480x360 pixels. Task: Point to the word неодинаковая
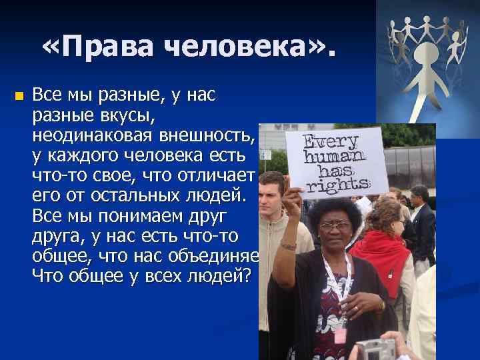93,137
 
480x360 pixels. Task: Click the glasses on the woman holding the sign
335,225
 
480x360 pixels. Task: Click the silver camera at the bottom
374,349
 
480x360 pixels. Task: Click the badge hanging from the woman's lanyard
340,333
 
